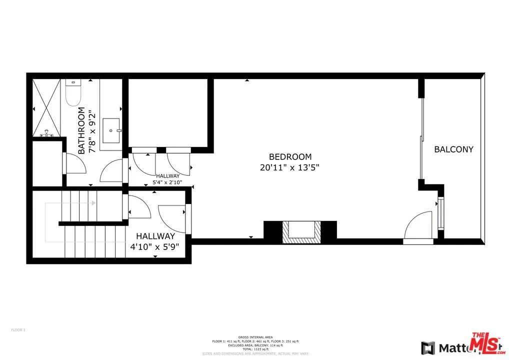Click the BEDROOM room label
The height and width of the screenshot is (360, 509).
click(290, 156)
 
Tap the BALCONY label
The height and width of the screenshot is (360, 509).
click(453, 149)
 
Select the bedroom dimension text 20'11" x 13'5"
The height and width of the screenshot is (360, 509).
click(289, 168)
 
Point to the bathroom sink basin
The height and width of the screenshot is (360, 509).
click(111, 130)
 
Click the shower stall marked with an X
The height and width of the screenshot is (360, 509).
click(48, 107)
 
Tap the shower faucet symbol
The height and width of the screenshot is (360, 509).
click(46, 132)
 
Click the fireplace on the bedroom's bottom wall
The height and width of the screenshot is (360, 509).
click(300, 231)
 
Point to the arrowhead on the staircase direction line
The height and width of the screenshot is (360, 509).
click(93, 202)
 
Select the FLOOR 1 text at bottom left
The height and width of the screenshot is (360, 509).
click(18, 329)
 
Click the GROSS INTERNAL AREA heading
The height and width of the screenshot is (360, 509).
click(255, 337)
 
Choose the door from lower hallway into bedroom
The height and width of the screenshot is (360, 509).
click(174, 218)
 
